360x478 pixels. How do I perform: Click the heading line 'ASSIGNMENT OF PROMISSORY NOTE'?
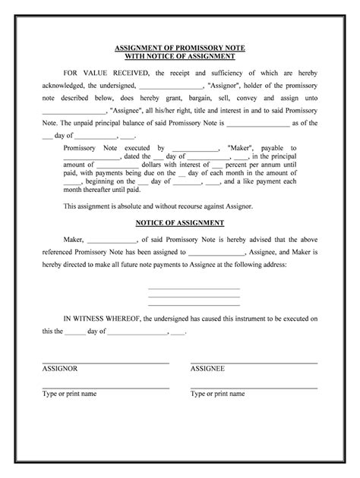pos(180,48)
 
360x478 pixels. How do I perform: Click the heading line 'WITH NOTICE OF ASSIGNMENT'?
pos(180,56)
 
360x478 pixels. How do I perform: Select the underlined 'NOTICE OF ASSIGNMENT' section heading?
pos(180,223)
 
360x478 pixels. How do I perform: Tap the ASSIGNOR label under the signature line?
pos(60,368)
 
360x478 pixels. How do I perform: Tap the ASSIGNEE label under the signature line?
pos(207,368)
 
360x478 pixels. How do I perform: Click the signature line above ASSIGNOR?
pos(106,361)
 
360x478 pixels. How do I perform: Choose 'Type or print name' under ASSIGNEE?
pos(217,395)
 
